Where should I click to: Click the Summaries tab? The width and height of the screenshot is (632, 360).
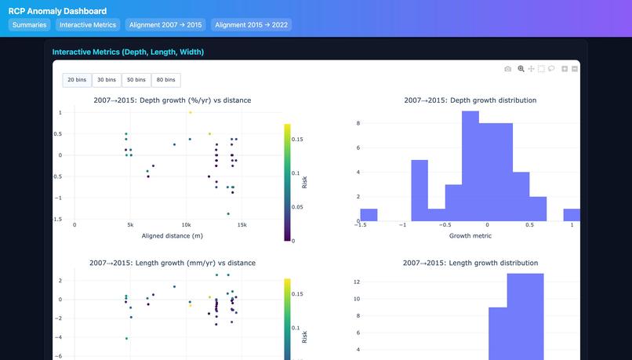30,25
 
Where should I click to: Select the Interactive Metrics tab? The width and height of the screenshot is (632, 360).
88,25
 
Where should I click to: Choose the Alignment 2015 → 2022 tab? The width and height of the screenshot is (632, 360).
251,25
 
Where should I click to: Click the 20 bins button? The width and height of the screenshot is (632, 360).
77,80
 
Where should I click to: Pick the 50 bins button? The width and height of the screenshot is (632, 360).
136,80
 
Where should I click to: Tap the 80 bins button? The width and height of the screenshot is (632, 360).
165,80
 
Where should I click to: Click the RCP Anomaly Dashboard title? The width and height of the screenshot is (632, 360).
57,11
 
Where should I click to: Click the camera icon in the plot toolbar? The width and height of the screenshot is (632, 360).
508,69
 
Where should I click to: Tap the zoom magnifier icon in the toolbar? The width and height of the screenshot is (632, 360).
521,69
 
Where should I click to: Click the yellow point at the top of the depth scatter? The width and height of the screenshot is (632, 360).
190,112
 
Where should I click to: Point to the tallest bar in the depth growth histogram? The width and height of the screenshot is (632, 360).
470,166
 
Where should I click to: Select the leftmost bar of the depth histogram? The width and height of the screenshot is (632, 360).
369,215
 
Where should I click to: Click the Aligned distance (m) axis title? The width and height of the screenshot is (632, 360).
173,235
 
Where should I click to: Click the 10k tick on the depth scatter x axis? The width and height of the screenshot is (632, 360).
186,224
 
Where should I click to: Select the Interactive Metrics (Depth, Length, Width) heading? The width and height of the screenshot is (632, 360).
128,52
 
